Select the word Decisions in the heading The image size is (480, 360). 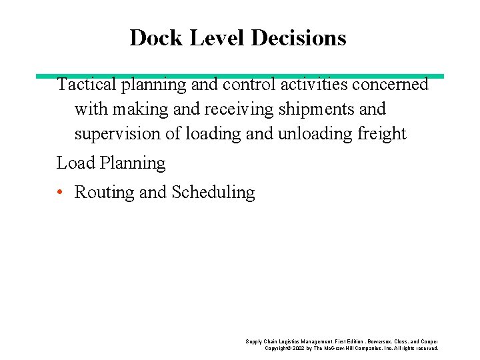(x=299, y=38)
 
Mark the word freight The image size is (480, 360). (x=381, y=134)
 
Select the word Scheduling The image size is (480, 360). (x=213, y=193)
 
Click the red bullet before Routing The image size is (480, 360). (x=60, y=193)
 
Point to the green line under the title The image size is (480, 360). (x=240, y=76)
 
